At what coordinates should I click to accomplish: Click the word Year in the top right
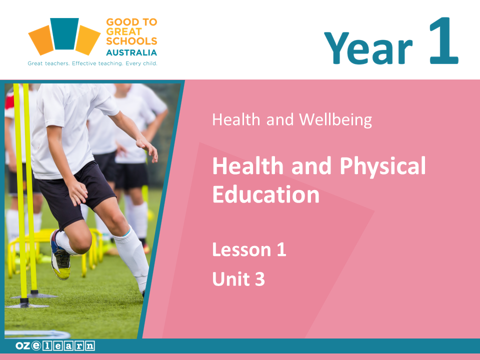click(368, 49)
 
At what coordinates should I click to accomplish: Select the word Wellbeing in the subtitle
click(335, 119)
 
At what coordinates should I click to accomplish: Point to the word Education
click(266, 194)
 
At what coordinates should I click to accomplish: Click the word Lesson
click(242, 250)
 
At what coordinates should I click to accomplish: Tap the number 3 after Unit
click(260, 279)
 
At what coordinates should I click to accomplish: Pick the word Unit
click(231, 279)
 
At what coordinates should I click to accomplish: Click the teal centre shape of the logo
click(64, 33)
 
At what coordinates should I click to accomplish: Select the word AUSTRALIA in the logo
click(131, 52)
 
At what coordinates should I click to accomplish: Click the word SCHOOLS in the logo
click(131, 41)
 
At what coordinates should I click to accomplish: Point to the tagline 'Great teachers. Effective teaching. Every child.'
click(92, 63)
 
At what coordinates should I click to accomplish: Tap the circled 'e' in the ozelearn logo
click(36, 345)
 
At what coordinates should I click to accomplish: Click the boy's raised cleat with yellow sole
click(60, 255)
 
